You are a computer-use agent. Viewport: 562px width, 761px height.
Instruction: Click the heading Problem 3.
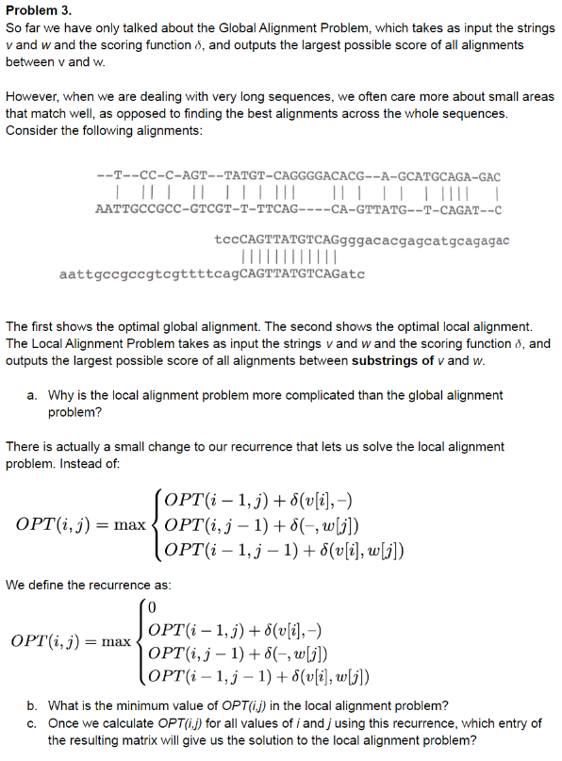tap(38, 10)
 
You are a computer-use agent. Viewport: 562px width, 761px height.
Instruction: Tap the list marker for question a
tap(32, 396)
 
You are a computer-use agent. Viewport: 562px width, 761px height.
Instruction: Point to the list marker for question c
tap(32, 723)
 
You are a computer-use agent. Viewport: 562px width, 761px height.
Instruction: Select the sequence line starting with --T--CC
tap(299, 176)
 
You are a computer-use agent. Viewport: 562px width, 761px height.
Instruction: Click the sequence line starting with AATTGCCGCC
tap(299, 209)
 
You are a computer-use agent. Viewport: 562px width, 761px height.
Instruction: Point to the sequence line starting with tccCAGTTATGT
tap(362, 241)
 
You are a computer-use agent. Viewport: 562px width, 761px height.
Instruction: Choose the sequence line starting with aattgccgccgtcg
tap(211, 274)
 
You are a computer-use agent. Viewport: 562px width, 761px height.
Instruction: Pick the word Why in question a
tap(61, 396)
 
